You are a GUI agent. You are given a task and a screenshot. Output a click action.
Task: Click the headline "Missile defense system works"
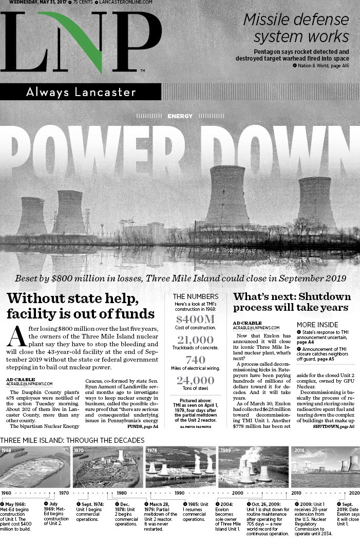(296, 28)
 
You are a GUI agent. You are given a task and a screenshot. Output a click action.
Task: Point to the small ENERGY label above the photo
(180, 116)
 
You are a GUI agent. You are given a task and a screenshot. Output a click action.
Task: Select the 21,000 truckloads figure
(195, 340)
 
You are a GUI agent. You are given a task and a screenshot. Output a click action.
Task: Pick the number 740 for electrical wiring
(195, 360)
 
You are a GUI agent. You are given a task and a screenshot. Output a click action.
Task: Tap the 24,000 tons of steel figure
(195, 381)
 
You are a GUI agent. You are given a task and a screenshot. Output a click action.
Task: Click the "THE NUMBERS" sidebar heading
(195, 296)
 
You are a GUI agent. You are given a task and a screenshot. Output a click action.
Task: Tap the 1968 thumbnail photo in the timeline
(35, 467)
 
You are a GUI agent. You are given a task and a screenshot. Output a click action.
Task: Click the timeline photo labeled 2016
(325, 467)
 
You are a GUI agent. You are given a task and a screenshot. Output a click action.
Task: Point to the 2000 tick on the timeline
(237, 493)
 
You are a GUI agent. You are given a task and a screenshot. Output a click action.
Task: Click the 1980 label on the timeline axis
(121, 493)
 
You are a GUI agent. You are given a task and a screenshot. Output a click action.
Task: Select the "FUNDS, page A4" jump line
(142, 426)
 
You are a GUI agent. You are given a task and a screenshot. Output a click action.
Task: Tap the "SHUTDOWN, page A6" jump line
(333, 426)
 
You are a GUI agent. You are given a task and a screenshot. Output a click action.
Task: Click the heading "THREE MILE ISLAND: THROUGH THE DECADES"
(72, 440)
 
